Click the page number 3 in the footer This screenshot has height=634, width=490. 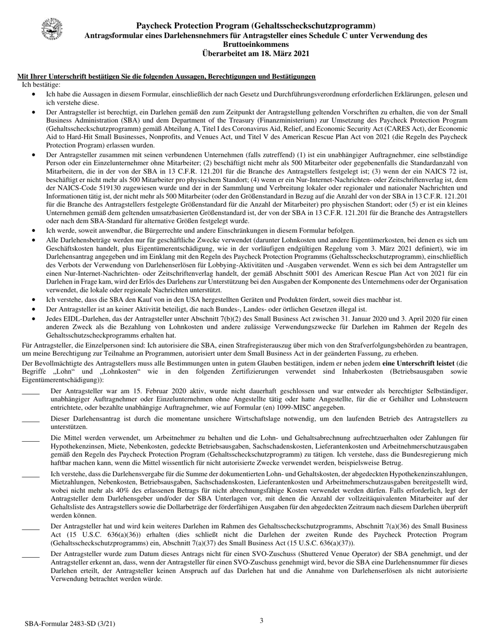[262, 621]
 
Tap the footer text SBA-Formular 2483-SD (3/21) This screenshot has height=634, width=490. [70, 624]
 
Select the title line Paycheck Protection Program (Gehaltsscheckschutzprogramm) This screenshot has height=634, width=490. [256, 26]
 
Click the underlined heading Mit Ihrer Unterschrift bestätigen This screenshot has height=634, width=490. [167, 77]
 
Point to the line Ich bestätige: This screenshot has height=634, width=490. [41, 85]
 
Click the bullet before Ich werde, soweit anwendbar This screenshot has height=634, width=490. [34, 231]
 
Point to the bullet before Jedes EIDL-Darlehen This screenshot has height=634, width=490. [34, 319]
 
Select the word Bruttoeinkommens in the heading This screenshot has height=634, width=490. [256, 44]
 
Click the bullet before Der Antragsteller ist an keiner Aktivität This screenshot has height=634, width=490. [34, 309]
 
